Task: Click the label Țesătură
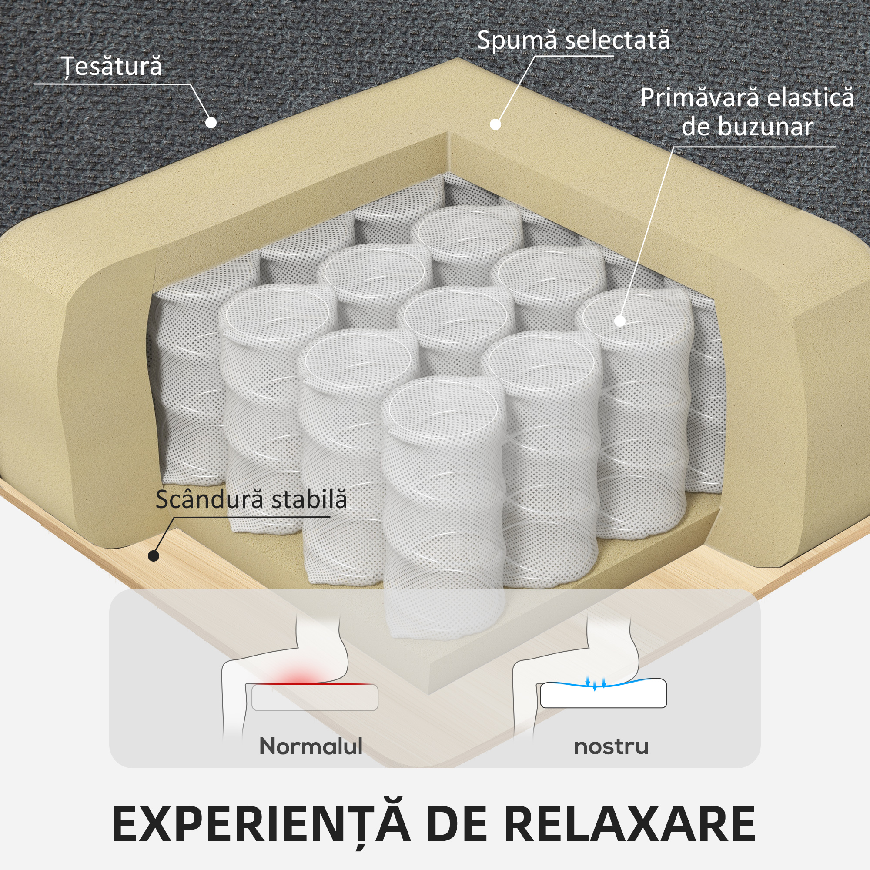[x=111, y=67]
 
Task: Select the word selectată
[x=617, y=40]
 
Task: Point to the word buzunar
[x=765, y=127]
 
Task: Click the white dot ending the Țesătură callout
[x=211, y=122]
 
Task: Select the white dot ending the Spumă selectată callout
[x=495, y=124]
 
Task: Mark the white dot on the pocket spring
[x=620, y=321]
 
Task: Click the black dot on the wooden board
[x=154, y=555]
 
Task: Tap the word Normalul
[x=311, y=747]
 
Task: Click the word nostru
[x=611, y=747]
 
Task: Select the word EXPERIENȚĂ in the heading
[x=261, y=823]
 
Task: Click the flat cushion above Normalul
[x=315, y=698]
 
